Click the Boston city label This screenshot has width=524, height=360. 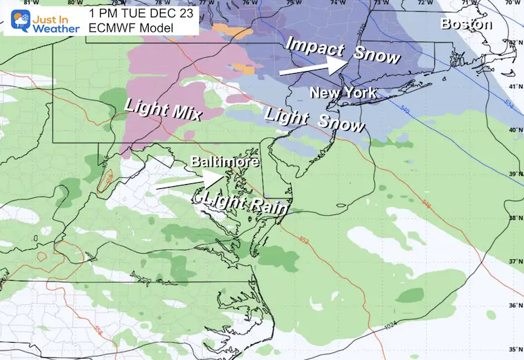(467, 24)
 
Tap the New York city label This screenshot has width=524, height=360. (343, 92)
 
